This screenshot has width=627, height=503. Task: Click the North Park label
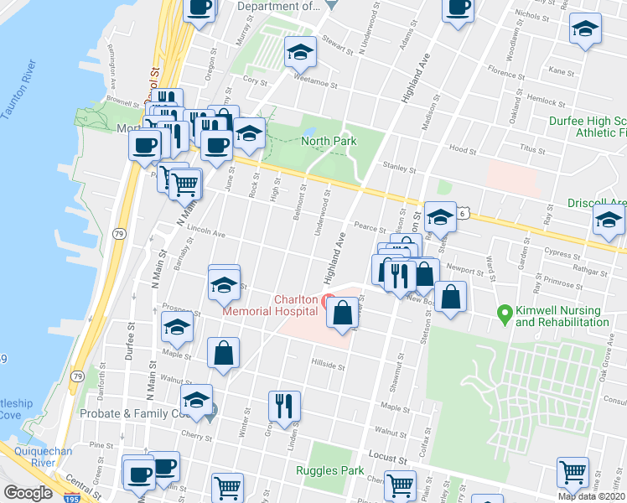pos(329,141)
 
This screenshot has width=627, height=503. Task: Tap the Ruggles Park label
pos(329,470)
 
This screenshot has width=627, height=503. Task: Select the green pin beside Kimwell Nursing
pos(505,315)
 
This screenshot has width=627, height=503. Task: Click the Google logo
pos(28,493)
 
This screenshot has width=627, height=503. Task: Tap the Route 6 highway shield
pos(463,214)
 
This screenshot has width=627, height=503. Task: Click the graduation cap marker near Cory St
pos(299,52)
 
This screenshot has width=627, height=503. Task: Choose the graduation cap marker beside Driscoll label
pos(609,221)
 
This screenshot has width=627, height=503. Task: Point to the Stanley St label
pos(399,169)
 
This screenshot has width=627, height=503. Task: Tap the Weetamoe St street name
pos(314,85)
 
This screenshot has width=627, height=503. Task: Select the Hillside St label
pos(328,366)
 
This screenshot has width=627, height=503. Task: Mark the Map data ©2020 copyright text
pos(592,496)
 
